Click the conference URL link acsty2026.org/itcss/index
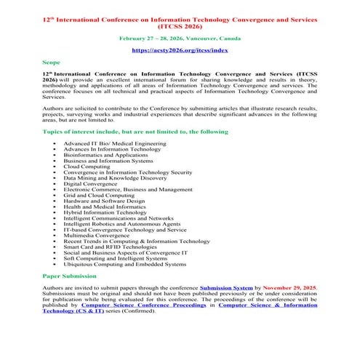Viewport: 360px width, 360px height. (180, 50)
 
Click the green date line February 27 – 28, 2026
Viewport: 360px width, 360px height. (180, 36)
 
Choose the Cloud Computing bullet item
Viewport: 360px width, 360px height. (88, 165)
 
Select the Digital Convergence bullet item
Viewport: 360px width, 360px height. (91, 183)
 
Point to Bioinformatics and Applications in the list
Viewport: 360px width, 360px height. (106, 154)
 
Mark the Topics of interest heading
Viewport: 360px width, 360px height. (135, 132)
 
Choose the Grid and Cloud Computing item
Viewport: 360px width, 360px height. (98, 195)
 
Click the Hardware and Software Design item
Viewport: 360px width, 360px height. (104, 201)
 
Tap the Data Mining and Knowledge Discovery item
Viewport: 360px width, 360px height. (113, 177)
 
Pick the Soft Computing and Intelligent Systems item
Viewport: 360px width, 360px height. (114, 258)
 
